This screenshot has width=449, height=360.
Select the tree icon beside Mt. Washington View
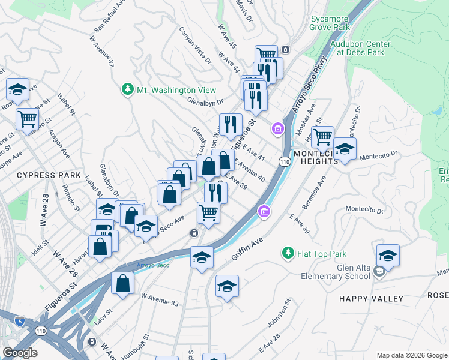click(127, 89)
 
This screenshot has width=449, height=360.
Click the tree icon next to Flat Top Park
click(288, 253)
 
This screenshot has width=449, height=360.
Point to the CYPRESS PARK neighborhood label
click(49, 175)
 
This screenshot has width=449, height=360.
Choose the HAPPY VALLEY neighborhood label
click(371, 299)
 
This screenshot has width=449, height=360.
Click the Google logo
click(20, 353)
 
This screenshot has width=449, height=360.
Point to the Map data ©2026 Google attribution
click(411, 355)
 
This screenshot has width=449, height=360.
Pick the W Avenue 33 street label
click(160, 300)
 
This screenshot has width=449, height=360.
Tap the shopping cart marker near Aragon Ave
click(28, 119)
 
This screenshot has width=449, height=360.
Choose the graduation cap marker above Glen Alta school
click(388, 256)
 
